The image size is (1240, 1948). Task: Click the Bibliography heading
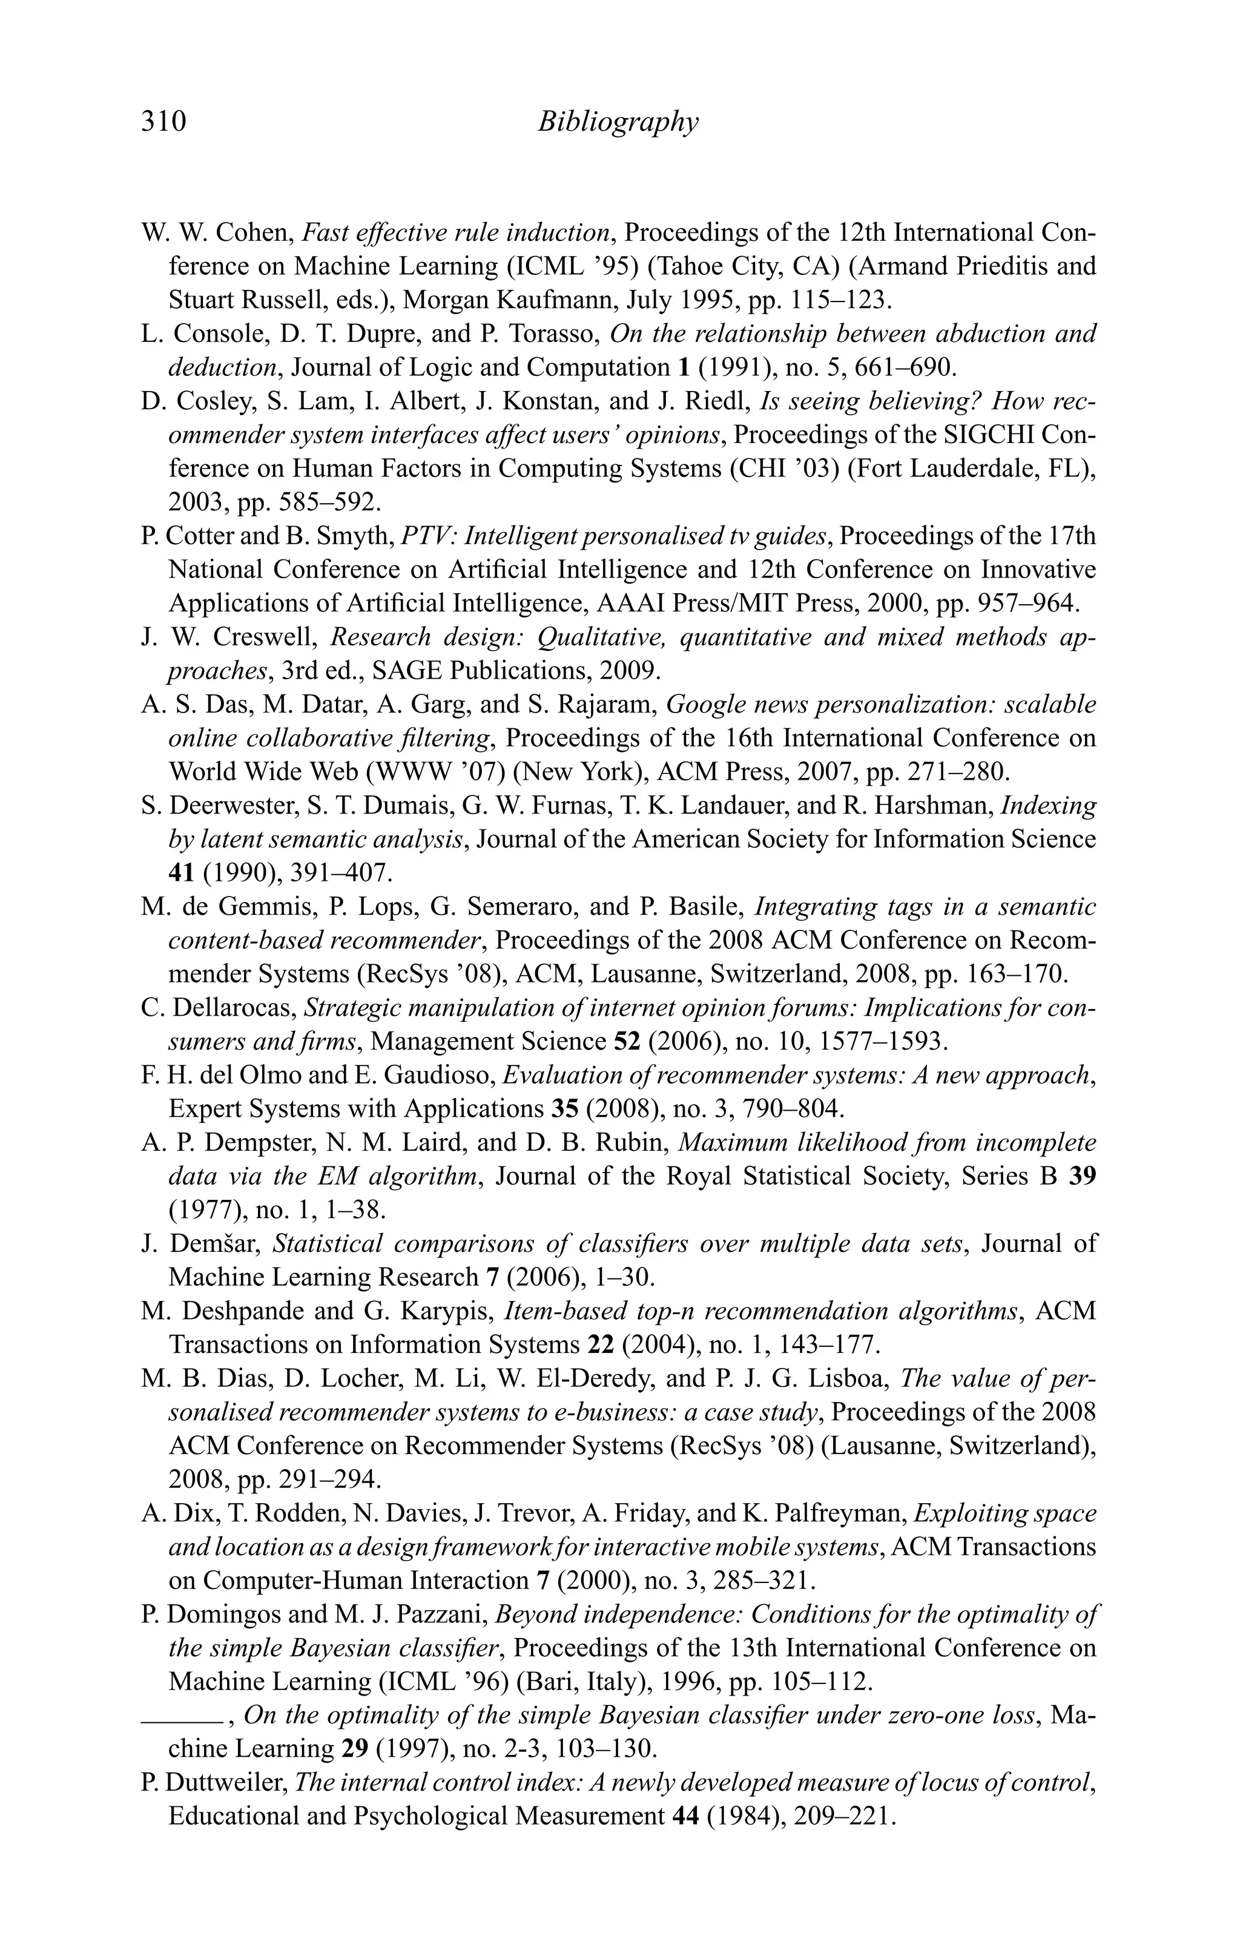point(618,122)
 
